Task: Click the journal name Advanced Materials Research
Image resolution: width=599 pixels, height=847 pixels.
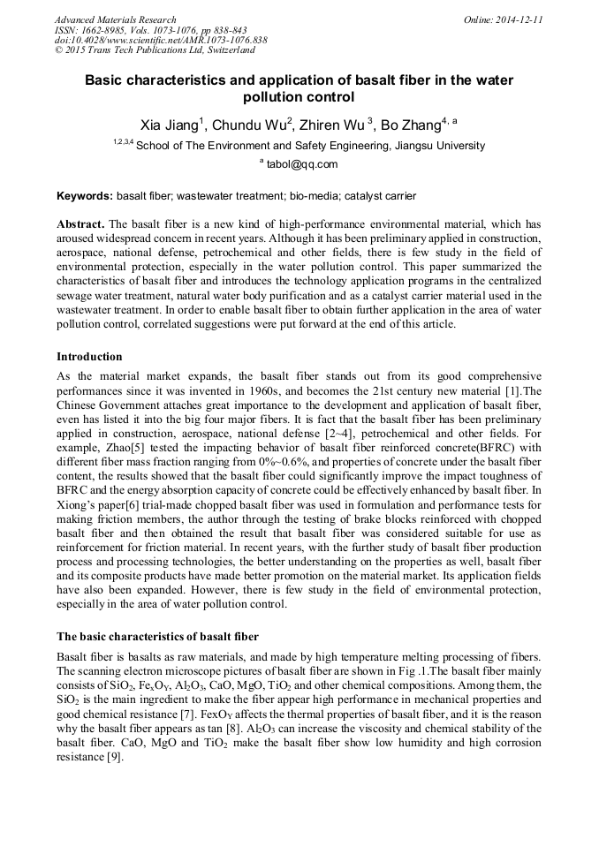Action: click(115, 19)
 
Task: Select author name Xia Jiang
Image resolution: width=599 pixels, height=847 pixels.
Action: click(173, 125)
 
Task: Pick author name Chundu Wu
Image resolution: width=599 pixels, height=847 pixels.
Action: click(252, 125)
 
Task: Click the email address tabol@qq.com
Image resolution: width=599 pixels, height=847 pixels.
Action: click(302, 164)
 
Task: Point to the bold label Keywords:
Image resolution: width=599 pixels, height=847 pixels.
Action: click(85, 196)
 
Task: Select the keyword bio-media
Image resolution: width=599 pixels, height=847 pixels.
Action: click(316, 196)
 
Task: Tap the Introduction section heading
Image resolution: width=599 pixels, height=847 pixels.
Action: click(89, 357)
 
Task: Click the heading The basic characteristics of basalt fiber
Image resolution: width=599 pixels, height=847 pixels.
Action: click(157, 636)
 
